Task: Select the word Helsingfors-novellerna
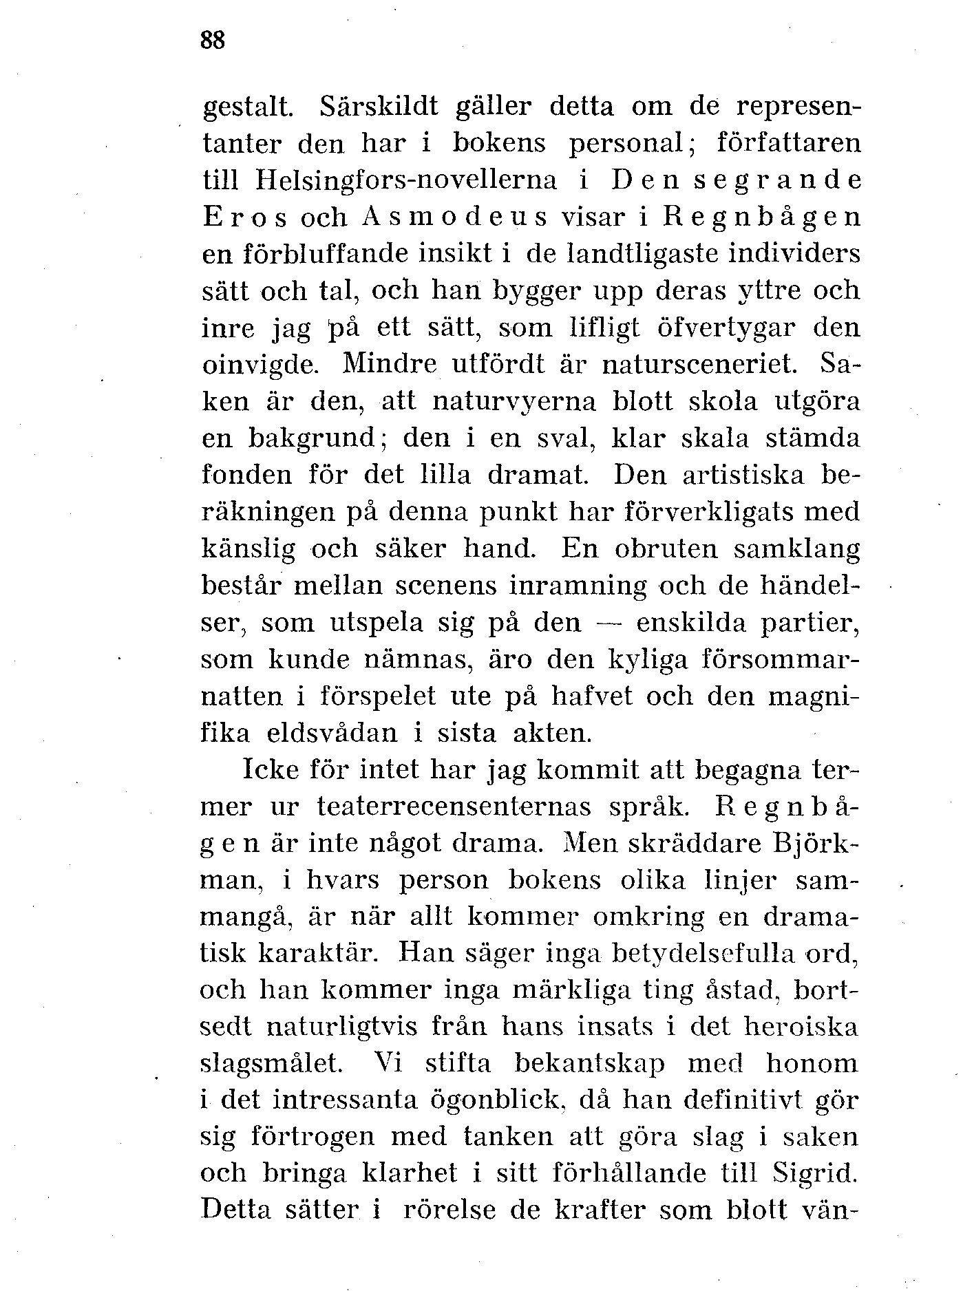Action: coord(406,181)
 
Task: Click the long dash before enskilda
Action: coord(609,621)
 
